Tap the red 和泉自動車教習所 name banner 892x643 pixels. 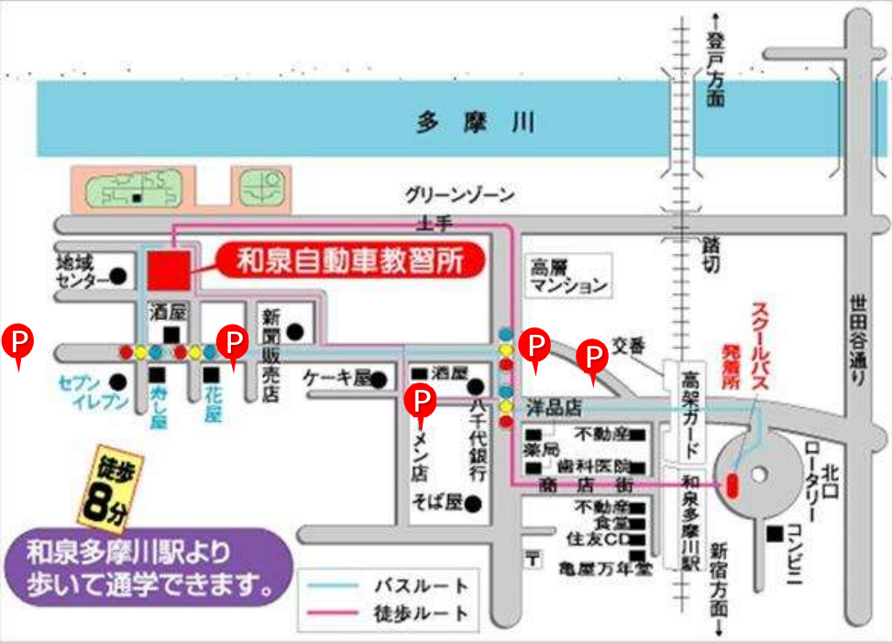point(353,262)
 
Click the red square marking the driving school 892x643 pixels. point(168,269)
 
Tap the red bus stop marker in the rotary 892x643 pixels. point(731,483)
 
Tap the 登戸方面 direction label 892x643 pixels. point(716,70)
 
